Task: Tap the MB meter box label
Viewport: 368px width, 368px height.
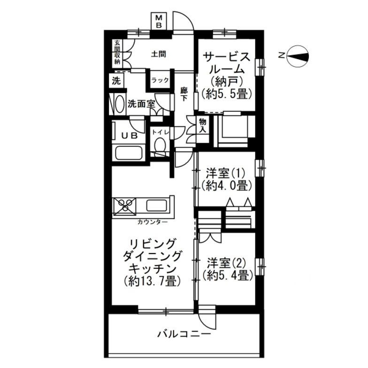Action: click(159, 22)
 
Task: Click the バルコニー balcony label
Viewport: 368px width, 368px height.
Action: click(184, 334)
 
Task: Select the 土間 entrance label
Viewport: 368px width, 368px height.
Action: click(158, 54)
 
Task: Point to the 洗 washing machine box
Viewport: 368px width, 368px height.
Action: click(116, 80)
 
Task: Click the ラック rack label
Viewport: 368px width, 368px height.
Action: click(160, 80)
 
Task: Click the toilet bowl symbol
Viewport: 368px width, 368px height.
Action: click(160, 146)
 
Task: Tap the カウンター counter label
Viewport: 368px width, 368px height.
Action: click(153, 221)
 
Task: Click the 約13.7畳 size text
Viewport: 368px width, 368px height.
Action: click(153, 282)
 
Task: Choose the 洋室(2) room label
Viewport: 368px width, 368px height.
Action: click(223, 261)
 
